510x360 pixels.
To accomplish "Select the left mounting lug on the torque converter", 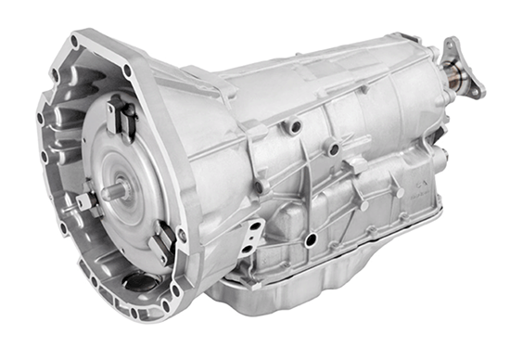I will [x=85, y=201].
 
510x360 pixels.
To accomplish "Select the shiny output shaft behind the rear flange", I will [x=453, y=75].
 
